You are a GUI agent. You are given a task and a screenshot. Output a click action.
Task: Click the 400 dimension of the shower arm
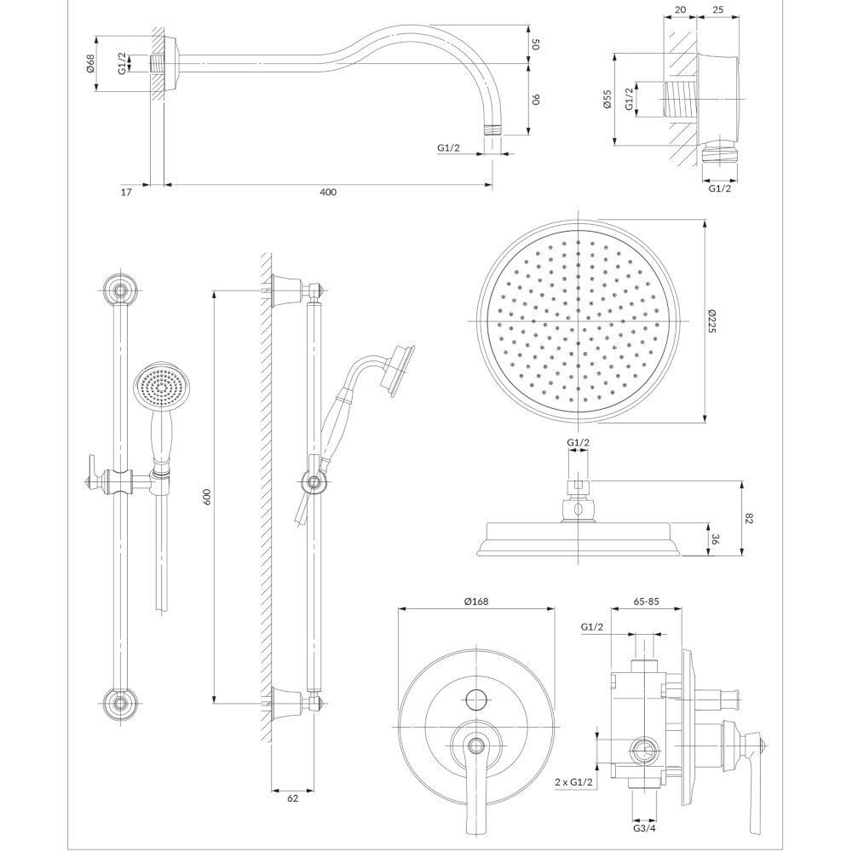pos(328,193)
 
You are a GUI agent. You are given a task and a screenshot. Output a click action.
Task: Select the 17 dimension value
pos(126,193)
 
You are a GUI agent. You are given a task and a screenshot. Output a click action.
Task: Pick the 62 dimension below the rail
pos(292,798)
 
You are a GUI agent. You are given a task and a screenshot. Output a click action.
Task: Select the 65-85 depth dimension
pos(648,602)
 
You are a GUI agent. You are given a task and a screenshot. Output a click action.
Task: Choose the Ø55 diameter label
pos(607,100)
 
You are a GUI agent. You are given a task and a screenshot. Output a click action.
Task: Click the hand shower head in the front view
pos(158,389)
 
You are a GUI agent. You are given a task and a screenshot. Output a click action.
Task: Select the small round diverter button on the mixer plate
pos(475,700)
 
